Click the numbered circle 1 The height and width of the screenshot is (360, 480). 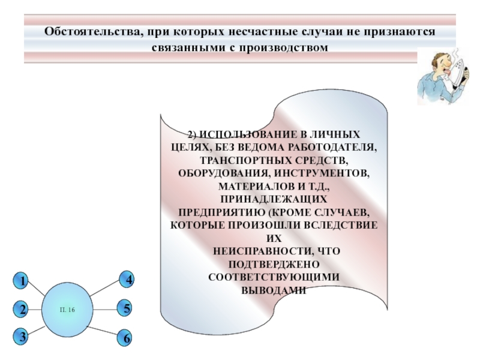[21, 280]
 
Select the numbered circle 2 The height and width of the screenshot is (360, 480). [21, 309]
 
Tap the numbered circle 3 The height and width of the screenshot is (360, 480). [21, 337]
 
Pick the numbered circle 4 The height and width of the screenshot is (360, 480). [126, 279]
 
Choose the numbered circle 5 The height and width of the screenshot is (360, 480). [125, 308]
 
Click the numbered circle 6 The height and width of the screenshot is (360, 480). [125, 338]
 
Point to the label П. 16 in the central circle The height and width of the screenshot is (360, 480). [67, 310]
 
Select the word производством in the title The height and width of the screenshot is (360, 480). [282, 47]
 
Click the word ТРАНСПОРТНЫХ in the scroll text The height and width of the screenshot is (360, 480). [246, 160]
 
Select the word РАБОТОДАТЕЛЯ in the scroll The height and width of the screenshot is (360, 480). [332, 147]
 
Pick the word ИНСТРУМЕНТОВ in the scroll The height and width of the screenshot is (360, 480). [322, 173]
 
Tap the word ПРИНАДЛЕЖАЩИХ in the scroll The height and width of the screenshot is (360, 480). [274, 199]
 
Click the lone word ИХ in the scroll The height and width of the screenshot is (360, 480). [274, 238]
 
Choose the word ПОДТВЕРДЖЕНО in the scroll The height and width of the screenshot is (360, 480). [274, 264]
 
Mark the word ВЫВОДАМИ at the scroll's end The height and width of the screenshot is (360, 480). [274, 290]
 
